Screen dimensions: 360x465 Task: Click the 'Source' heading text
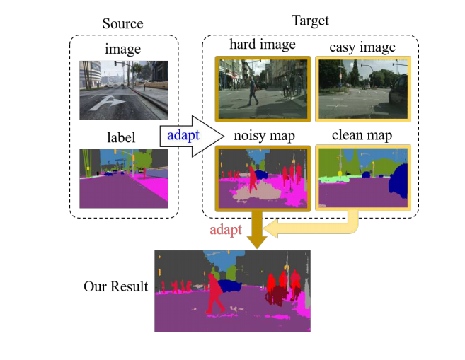(123, 24)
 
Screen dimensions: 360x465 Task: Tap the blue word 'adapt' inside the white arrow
(183, 134)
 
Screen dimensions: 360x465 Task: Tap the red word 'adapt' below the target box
(228, 231)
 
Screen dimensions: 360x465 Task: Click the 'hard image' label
(263, 45)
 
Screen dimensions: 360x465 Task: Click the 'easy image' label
(362, 47)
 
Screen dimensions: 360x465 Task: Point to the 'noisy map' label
(263, 134)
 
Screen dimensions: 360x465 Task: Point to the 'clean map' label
(362, 134)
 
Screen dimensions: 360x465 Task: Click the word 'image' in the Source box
(123, 49)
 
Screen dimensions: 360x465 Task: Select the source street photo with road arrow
(123, 89)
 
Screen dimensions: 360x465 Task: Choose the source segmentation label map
(123, 178)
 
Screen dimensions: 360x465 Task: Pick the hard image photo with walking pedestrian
(263, 88)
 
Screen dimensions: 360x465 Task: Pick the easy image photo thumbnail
(362, 88)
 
